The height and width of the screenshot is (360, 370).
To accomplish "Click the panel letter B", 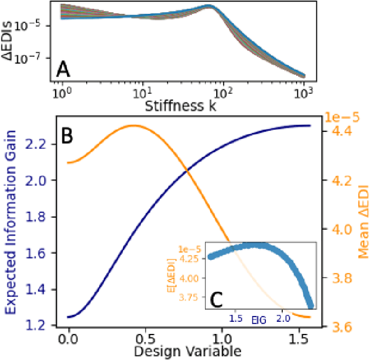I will pos(67,137).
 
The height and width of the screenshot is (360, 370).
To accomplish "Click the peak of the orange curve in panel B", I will pos(134,125).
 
